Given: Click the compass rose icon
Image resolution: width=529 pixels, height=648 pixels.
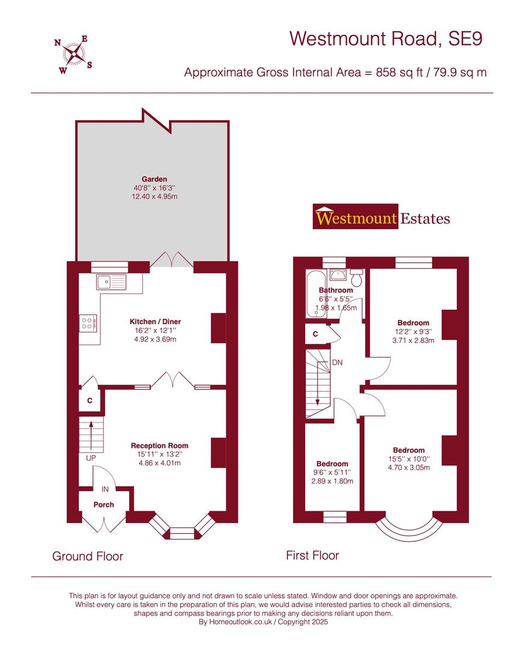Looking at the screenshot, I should tap(74, 53).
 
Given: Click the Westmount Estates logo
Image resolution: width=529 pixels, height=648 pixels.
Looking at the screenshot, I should tap(381, 217).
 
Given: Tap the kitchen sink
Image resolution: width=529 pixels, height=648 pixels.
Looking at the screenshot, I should tap(110, 281).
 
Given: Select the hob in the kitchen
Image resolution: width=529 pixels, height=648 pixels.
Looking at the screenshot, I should tap(88, 324).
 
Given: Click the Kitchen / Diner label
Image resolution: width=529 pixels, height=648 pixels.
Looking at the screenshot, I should tap(155, 322).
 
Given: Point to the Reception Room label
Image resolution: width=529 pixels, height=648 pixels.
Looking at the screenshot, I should tap(160, 446).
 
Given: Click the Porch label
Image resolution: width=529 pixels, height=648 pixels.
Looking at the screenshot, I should tap(103, 505).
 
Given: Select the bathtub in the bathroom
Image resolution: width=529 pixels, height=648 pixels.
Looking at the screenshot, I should tap(313, 294).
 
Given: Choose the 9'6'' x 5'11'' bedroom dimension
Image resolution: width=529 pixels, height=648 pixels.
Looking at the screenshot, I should tap(332, 473).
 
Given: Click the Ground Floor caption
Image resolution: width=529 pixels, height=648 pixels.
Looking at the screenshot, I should tap(88, 556).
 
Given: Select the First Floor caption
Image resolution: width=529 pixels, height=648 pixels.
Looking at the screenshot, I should tap(312, 556).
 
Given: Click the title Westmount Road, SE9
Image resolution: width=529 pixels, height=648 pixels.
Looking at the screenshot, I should tap(386, 38).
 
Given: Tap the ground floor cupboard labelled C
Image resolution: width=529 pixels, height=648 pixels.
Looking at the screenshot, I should tap(90, 400).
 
